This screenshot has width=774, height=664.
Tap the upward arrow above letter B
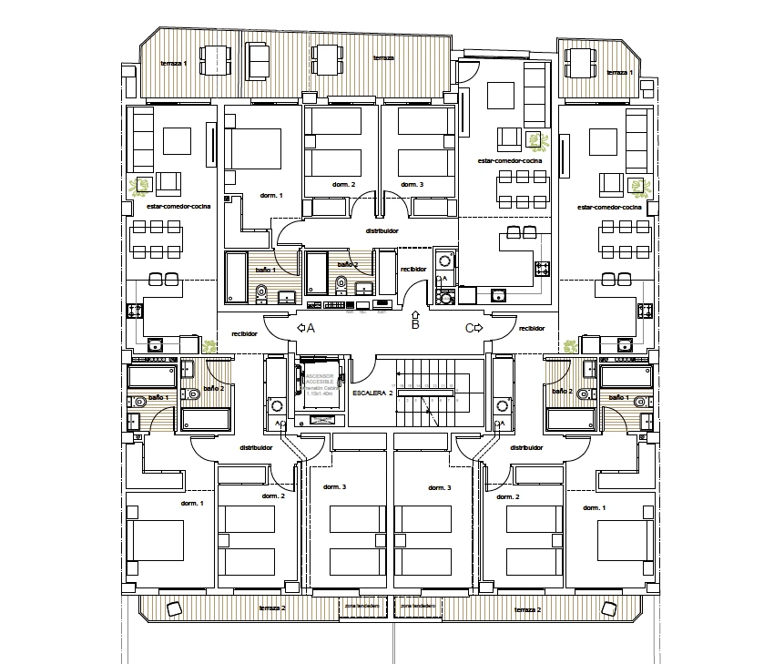[x=415, y=314]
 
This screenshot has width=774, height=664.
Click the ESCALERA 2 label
[x=372, y=393]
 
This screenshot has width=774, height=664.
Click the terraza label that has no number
[x=383, y=58]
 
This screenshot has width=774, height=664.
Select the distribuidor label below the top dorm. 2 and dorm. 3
[x=382, y=231]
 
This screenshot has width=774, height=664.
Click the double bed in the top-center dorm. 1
[x=258, y=148]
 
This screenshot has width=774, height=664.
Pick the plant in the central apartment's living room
[x=538, y=141]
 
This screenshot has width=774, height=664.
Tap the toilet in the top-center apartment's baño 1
[x=261, y=291]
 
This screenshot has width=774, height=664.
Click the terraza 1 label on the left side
[x=173, y=63]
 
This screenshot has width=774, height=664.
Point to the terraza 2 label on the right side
[x=527, y=608]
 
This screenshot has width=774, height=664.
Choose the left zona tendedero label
[x=362, y=605]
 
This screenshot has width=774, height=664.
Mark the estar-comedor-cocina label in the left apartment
[x=178, y=207]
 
